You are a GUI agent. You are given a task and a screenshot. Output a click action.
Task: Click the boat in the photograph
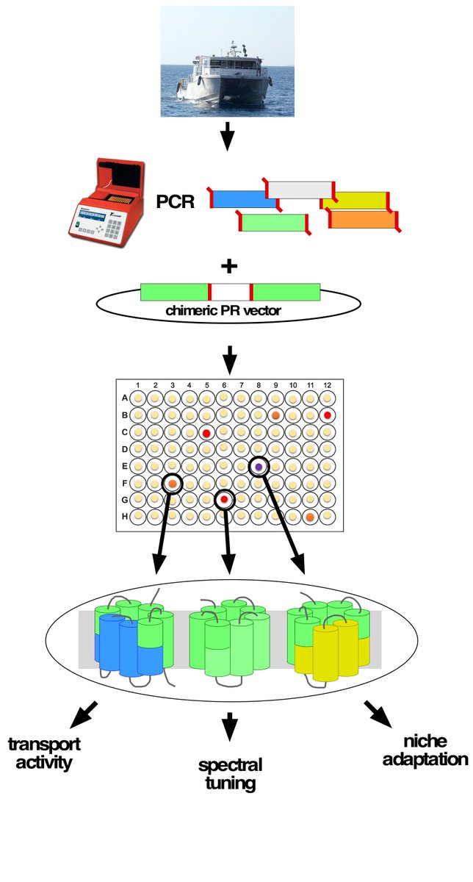220,77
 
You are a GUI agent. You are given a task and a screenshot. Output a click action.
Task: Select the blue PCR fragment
240,199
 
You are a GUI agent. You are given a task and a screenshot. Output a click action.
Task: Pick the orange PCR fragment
363,219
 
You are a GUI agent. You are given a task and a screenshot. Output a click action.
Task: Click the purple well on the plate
259,467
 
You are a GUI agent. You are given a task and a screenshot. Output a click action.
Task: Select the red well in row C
206,433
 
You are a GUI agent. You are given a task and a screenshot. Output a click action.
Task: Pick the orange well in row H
310,517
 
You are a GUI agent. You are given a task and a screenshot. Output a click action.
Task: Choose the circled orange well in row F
172,484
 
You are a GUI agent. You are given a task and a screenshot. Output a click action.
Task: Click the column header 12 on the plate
327,385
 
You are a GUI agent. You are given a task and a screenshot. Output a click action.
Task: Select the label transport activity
44,753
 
